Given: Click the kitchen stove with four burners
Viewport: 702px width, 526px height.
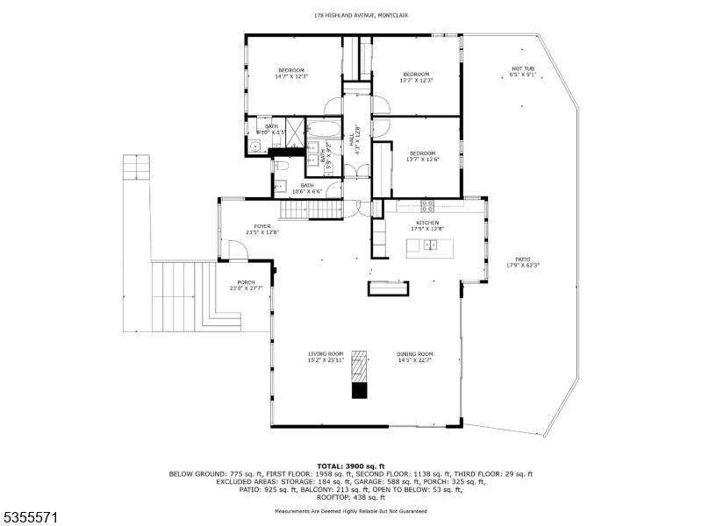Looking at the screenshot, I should [427, 207].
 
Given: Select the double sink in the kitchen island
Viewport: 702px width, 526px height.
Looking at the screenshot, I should [431, 245].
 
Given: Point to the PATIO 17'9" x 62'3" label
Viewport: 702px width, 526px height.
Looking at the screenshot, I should [522, 262].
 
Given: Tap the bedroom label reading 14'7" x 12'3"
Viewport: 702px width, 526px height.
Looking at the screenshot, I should [291, 74].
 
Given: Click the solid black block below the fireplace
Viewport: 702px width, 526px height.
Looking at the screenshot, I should [359, 390].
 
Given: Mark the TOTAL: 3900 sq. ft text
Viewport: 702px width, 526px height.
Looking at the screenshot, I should [350, 466].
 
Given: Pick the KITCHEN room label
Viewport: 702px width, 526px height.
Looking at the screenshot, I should [426, 225].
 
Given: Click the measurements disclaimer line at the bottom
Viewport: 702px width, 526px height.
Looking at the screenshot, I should [350, 509].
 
